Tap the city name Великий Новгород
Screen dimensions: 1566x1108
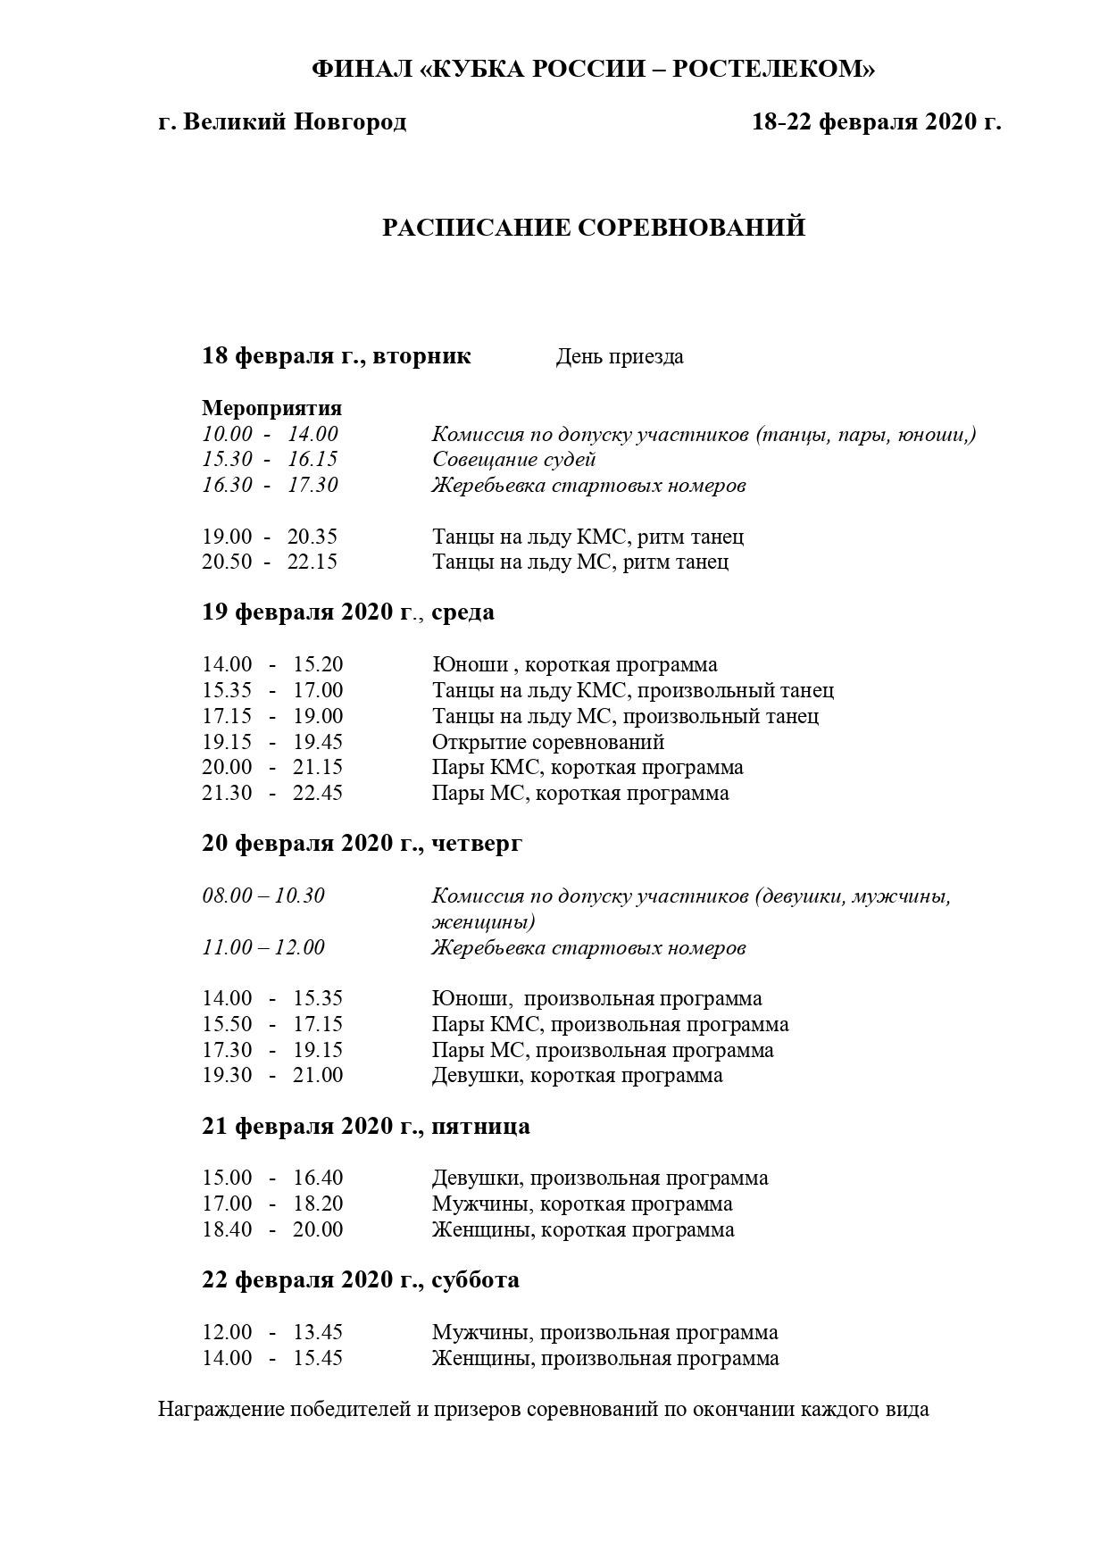pos(295,121)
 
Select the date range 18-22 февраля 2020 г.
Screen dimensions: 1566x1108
pos(876,121)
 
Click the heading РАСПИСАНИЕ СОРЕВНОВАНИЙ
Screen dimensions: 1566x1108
pos(594,228)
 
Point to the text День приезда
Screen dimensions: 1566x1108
pos(620,357)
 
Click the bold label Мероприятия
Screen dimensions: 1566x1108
pos(271,408)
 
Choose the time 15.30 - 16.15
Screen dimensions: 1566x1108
pos(270,460)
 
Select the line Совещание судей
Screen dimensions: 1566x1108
pos(513,460)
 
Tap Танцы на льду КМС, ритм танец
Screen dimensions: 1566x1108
pos(587,537)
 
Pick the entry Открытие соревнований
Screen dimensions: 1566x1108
pos(548,742)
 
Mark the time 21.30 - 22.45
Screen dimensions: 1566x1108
pos(272,793)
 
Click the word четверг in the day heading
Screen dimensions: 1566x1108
pos(476,844)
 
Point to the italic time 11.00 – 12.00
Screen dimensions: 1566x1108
pos(263,947)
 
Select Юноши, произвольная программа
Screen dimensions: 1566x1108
pos(596,998)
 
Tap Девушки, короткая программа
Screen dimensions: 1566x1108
pos(577,1075)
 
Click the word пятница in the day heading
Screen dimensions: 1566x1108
pos(480,1127)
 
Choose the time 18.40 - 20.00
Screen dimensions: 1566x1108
pos(272,1229)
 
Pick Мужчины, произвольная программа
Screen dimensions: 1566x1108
pos(604,1332)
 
